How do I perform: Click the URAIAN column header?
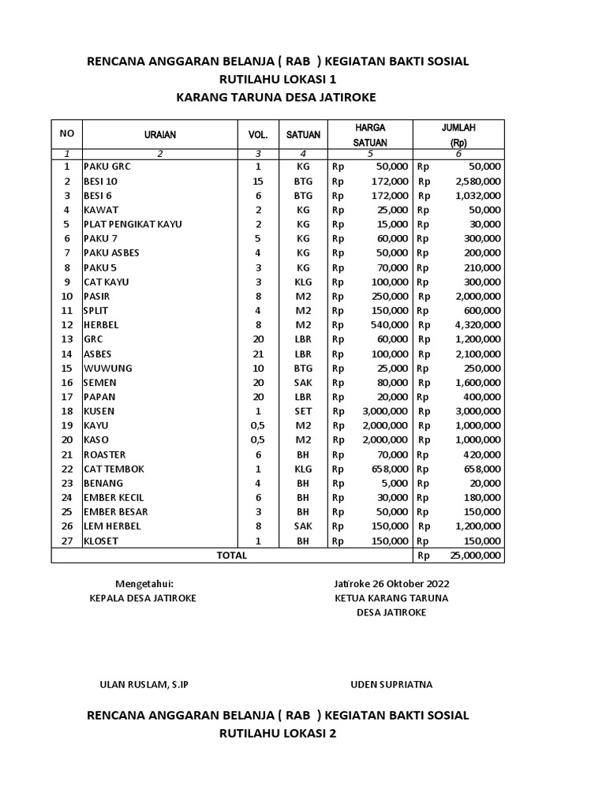coord(159,135)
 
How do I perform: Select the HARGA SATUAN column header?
coord(369,134)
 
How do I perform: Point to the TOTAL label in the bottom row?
coord(232,555)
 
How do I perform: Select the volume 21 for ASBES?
coord(258,353)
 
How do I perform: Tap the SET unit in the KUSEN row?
coord(303,411)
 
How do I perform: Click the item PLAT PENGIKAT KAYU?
coord(133,224)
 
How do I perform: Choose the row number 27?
coord(67,541)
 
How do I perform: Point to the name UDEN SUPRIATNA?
coord(391,684)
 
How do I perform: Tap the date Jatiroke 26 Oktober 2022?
coord(391,584)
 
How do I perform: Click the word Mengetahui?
coord(144,584)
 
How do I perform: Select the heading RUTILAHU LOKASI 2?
coord(278,734)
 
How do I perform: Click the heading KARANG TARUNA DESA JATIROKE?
coord(276,97)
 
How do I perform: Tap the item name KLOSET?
coord(101,541)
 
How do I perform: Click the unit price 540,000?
coord(390,325)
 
